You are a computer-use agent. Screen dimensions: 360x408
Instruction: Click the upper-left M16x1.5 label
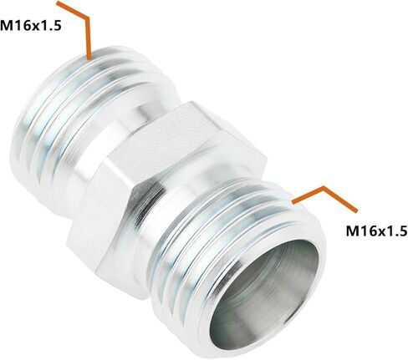pos(31,26)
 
